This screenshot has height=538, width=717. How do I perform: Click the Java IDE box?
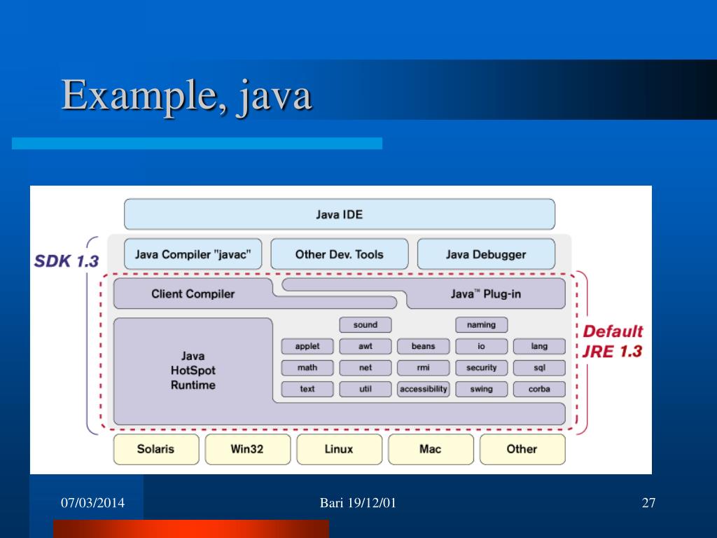tap(339, 214)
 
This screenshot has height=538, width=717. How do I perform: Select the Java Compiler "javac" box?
tap(193, 254)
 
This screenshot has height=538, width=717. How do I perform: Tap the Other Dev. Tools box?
tap(339, 254)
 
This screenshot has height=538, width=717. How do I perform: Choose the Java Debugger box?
tap(485, 254)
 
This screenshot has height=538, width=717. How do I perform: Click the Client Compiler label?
tap(193, 294)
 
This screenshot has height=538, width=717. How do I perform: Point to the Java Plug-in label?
tap(485, 294)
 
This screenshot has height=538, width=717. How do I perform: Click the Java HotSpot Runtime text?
tap(193, 371)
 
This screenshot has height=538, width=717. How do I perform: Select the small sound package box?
tap(365, 325)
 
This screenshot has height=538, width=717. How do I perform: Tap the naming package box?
tap(481, 325)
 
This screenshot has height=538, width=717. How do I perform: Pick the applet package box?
tap(307, 346)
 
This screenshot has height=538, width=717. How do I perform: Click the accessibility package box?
tap(423, 389)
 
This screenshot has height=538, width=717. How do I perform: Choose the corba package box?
tap(539, 389)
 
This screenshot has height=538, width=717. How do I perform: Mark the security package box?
tap(481, 368)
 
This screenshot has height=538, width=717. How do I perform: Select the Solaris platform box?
tap(156, 449)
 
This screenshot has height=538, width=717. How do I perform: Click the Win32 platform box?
tap(247, 449)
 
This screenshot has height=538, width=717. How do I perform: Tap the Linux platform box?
tap(339, 449)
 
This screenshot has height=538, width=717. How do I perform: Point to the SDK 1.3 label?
tap(67, 261)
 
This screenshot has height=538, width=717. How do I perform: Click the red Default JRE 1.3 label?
tap(613, 341)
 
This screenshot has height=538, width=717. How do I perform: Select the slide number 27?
tap(648, 502)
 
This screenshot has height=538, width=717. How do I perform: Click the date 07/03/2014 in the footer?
tap(92, 502)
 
